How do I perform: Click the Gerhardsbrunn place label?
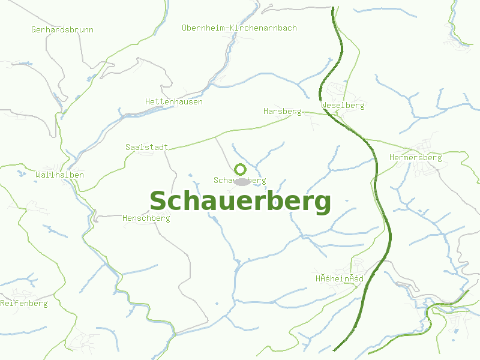click(62, 29)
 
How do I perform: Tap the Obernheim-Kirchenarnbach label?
click(239, 28)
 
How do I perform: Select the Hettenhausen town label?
click(174, 101)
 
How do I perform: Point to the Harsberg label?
click(282, 112)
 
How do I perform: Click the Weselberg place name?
click(343, 105)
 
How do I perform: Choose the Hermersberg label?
click(415, 157)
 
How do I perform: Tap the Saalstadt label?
click(146, 146)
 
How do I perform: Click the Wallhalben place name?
click(59, 175)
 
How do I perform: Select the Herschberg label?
click(146, 218)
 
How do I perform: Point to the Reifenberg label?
click(24, 303)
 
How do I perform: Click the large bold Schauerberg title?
click(240, 202)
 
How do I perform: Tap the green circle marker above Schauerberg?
click(240, 169)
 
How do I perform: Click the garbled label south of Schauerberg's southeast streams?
click(340, 278)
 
